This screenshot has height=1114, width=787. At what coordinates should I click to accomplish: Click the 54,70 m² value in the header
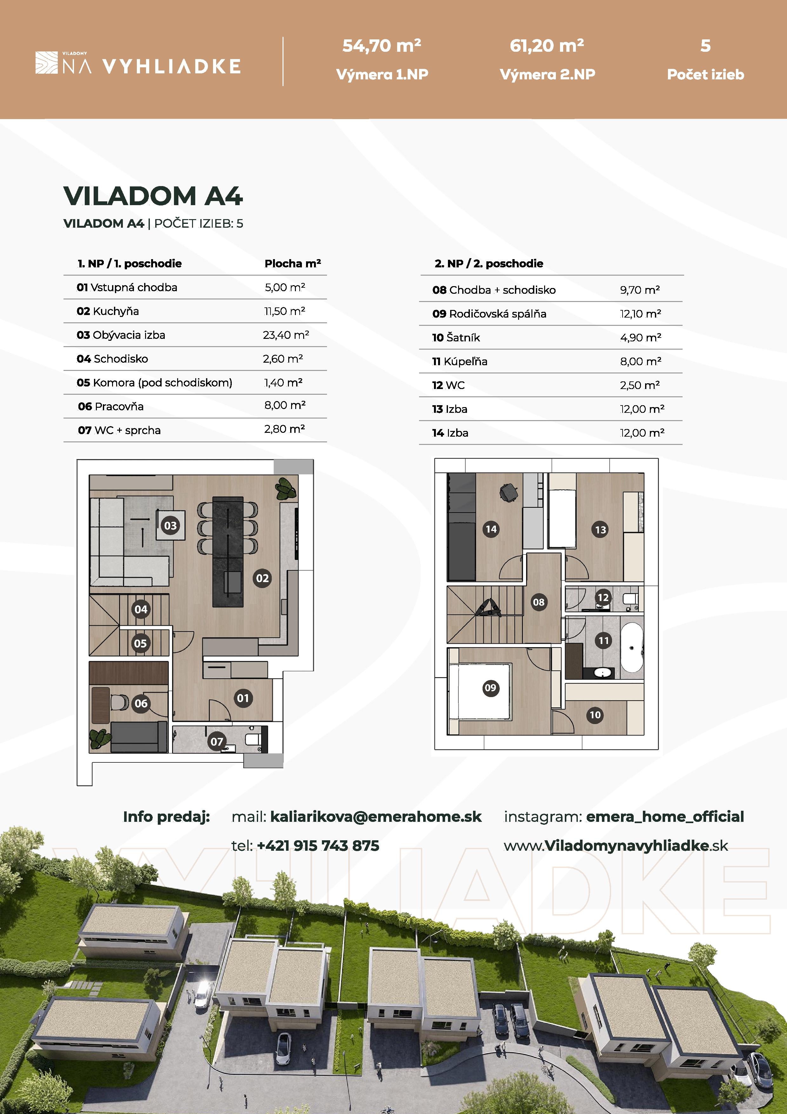pos(382,46)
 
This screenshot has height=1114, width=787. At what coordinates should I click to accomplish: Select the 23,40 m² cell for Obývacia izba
pos(286,335)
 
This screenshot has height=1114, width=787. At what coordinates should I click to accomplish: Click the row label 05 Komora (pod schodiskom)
pos(154,382)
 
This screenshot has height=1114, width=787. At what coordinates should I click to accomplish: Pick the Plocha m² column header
pos(292,264)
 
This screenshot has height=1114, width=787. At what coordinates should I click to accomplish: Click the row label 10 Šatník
pos(456,337)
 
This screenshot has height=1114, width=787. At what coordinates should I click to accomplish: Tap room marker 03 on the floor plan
pos(170,526)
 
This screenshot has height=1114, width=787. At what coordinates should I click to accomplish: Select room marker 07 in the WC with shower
pos(216,742)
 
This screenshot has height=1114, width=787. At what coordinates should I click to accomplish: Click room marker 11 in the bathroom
pos(603,641)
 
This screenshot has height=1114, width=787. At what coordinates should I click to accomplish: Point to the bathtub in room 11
pos(632,648)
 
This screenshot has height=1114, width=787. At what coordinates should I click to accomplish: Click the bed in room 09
pos(480,691)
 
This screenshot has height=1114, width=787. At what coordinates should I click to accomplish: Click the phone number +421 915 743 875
pos(317,846)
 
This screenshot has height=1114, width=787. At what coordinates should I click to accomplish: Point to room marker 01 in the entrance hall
pos(243,698)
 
